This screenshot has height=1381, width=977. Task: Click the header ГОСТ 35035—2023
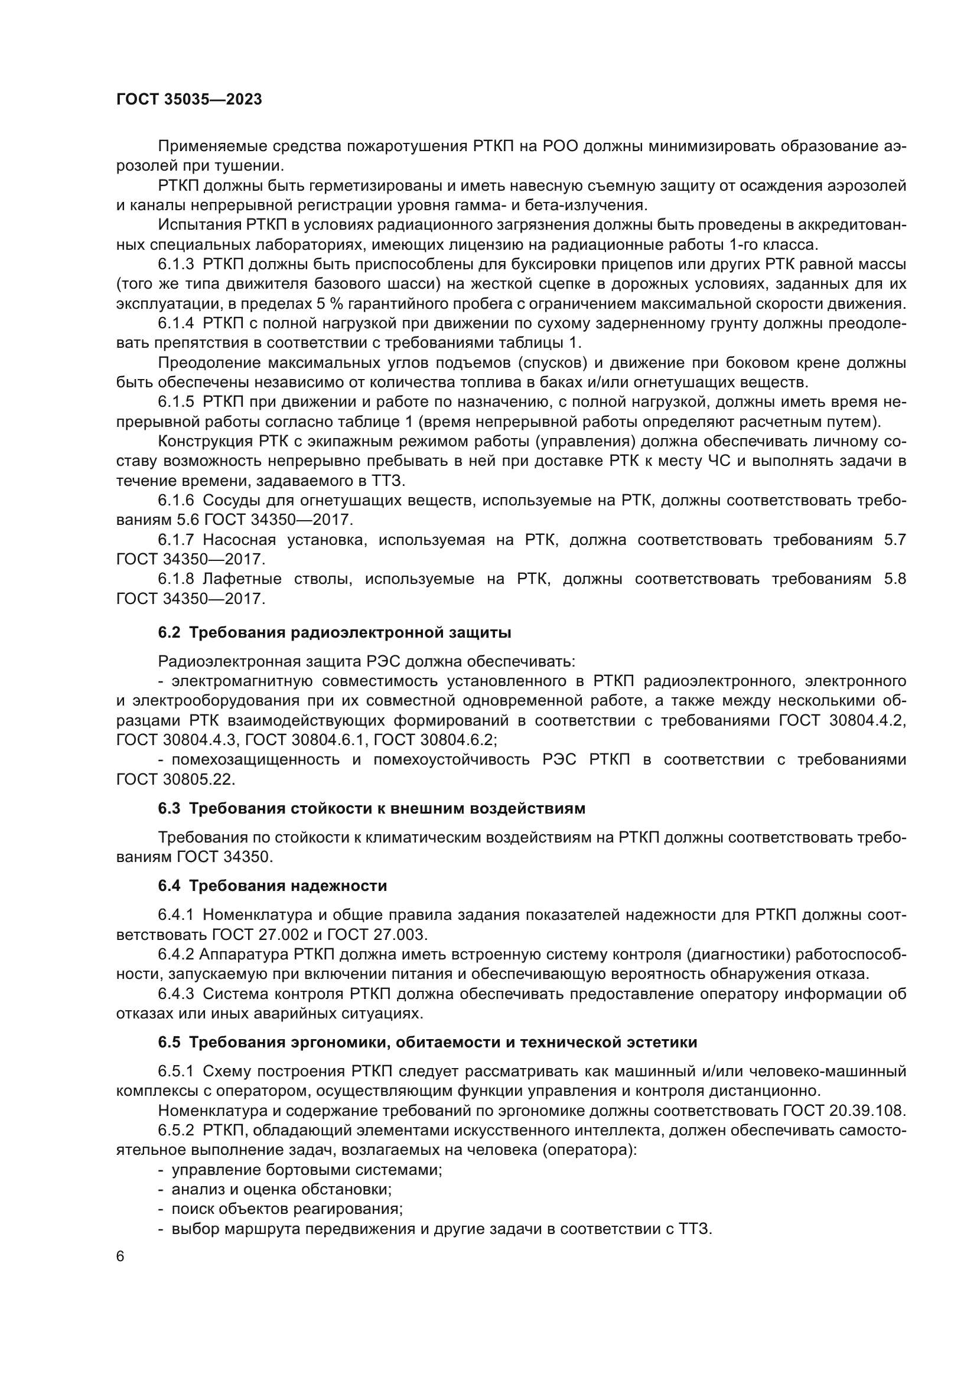tap(189, 100)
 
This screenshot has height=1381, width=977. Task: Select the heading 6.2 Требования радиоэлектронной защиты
tap(334, 633)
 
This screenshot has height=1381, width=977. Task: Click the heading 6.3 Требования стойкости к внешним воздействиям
tap(371, 808)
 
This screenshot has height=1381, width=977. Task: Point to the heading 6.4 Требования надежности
tap(272, 886)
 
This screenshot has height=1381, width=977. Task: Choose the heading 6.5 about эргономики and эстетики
tap(427, 1042)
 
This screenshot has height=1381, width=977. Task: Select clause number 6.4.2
tap(176, 955)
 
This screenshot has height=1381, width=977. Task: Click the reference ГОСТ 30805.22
tap(175, 779)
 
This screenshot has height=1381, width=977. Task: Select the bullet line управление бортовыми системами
tap(307, 1170)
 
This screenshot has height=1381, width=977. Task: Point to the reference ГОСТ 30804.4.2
tap(842, 721)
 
